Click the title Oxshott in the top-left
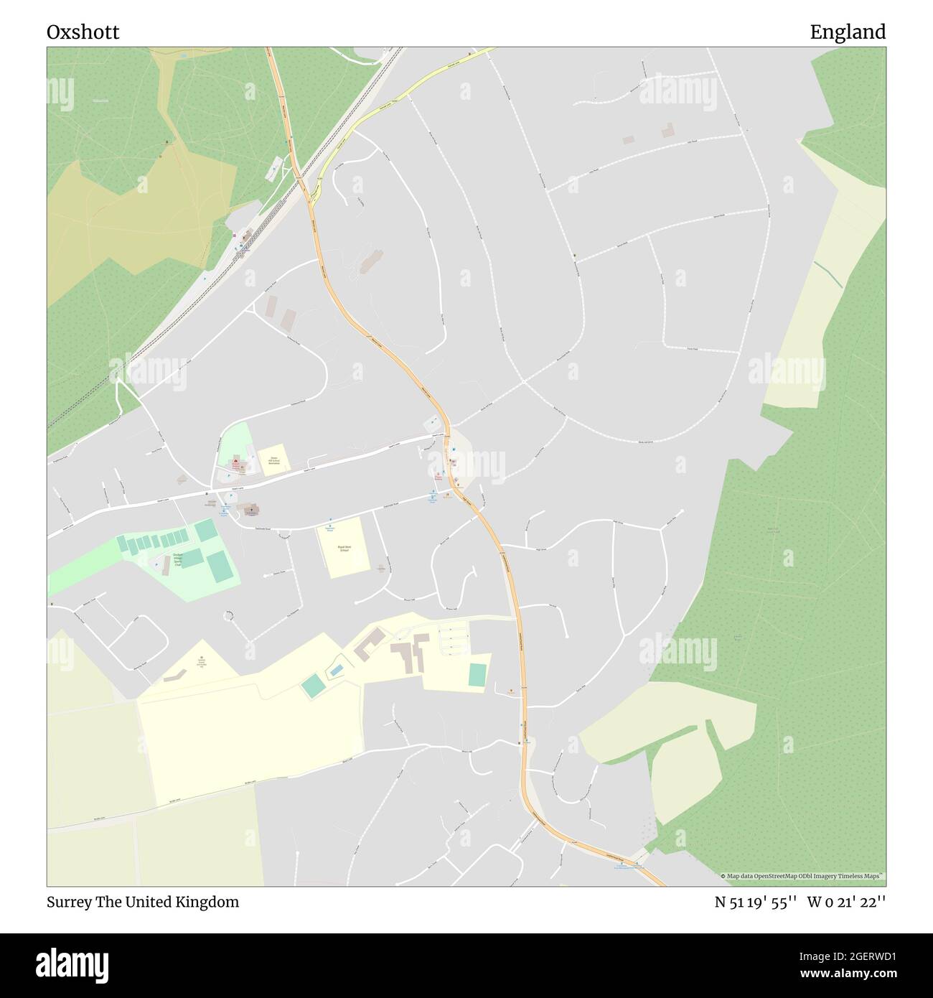click(x=83, y=32)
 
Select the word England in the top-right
click(x=848, y=32)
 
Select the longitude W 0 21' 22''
click(x=846, y=902)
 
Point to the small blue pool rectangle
click(x=336, y=671)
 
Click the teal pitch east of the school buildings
click(x=477, y=675)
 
